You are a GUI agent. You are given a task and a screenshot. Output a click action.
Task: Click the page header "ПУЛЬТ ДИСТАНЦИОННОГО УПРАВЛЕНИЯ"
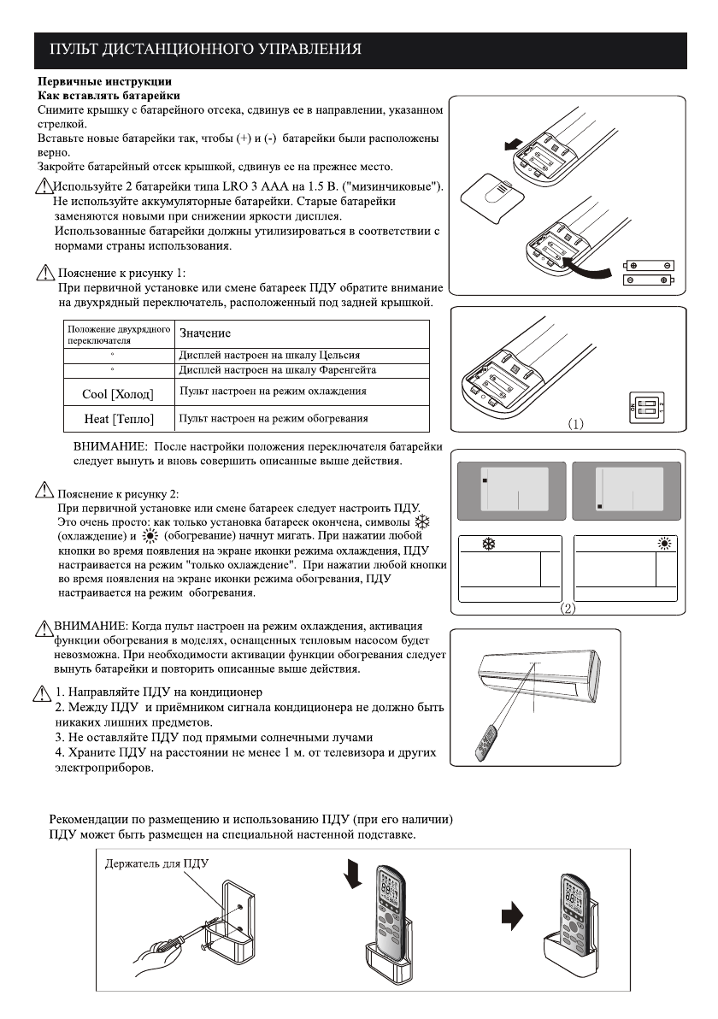click(204, 48)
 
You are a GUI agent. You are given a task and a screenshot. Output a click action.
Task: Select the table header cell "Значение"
click(204, 333)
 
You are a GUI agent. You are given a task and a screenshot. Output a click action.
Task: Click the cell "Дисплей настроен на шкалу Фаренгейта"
click(277, 369)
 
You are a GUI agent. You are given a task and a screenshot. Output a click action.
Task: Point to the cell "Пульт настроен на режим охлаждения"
click(273, 391)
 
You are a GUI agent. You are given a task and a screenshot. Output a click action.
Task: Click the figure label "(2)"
click(567, 609)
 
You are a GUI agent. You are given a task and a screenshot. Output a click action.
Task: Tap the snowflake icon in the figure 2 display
click(490, 543)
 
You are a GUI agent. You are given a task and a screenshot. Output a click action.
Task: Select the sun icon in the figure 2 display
click(665, 544)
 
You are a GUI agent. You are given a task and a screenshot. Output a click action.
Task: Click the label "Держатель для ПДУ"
click(156, 865)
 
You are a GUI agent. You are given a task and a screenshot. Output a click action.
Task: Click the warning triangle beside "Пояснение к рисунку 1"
click(44, 274)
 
